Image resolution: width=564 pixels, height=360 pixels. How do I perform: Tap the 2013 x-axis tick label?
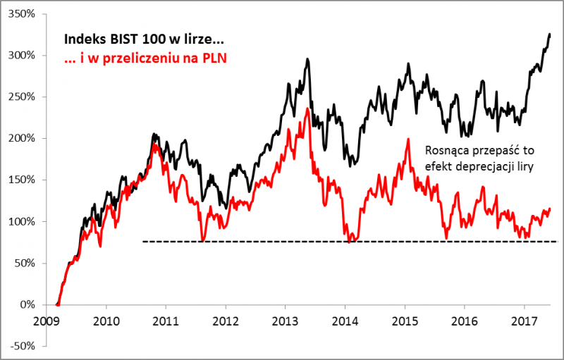point(284,319)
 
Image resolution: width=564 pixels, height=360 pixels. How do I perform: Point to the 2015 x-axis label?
point(404,319)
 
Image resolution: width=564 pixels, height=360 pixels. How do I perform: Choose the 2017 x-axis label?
point(524,319)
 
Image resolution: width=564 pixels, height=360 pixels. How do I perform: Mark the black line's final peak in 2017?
point(550,34)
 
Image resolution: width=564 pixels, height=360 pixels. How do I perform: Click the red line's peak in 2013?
point(308,108)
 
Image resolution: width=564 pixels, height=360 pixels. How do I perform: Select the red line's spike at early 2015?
point(408,139)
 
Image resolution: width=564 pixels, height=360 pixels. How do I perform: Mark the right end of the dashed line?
point(556,242)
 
